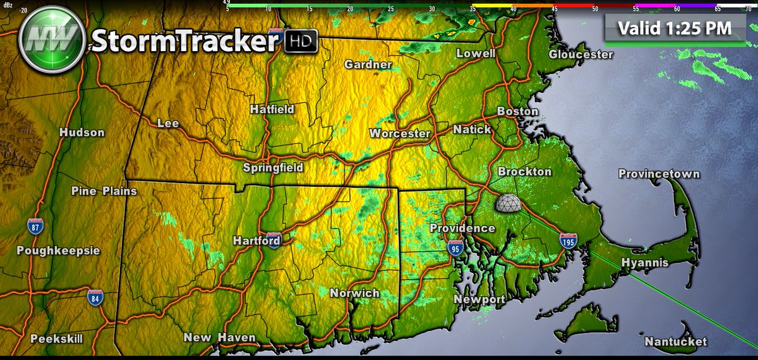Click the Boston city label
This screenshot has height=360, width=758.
click(517, 112)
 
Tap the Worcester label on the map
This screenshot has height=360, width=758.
click(399, 134)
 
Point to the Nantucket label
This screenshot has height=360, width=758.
click(675, 342)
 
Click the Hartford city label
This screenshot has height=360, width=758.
click(256, 241)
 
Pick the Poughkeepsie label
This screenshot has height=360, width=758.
click(58, 251)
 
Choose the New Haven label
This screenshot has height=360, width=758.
click(219, 338)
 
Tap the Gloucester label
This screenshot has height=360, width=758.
click(581, 54)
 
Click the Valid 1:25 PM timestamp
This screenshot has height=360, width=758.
click(675, 28)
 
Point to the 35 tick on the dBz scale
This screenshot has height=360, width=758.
click(472, 9)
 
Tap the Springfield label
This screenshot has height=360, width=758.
click(273, 168)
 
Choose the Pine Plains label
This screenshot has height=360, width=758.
click(104, 191)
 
